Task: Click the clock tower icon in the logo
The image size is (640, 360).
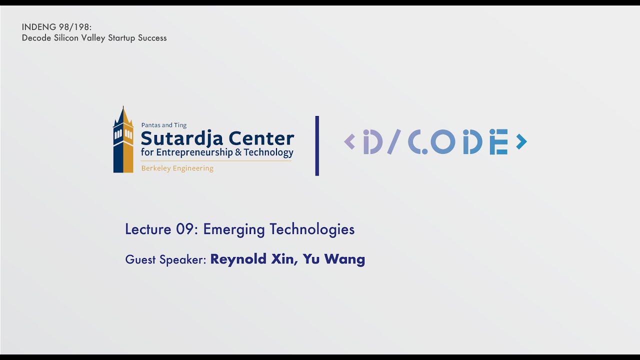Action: (x=123, y=140)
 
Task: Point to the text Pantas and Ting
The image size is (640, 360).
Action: (x=164, y=125)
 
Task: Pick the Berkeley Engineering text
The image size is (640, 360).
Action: (x=177, y=168)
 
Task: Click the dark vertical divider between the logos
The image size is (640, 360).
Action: (x=317, y=145)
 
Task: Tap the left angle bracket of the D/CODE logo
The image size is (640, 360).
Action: (x=349, y=142)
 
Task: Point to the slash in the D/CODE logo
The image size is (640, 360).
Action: (x=394, y=142)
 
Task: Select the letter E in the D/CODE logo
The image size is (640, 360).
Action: (x=498, y=142)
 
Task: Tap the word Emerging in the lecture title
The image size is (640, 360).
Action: (x=233, y=230)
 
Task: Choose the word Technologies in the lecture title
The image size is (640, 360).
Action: (x=312, y=230)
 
